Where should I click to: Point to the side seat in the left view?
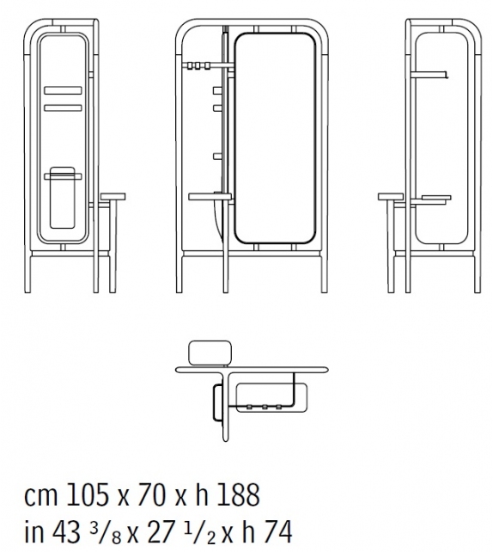[113, 198]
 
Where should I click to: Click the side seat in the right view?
[391, 198]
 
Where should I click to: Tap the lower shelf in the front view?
[210, 196]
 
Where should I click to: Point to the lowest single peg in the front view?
[216, 156]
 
